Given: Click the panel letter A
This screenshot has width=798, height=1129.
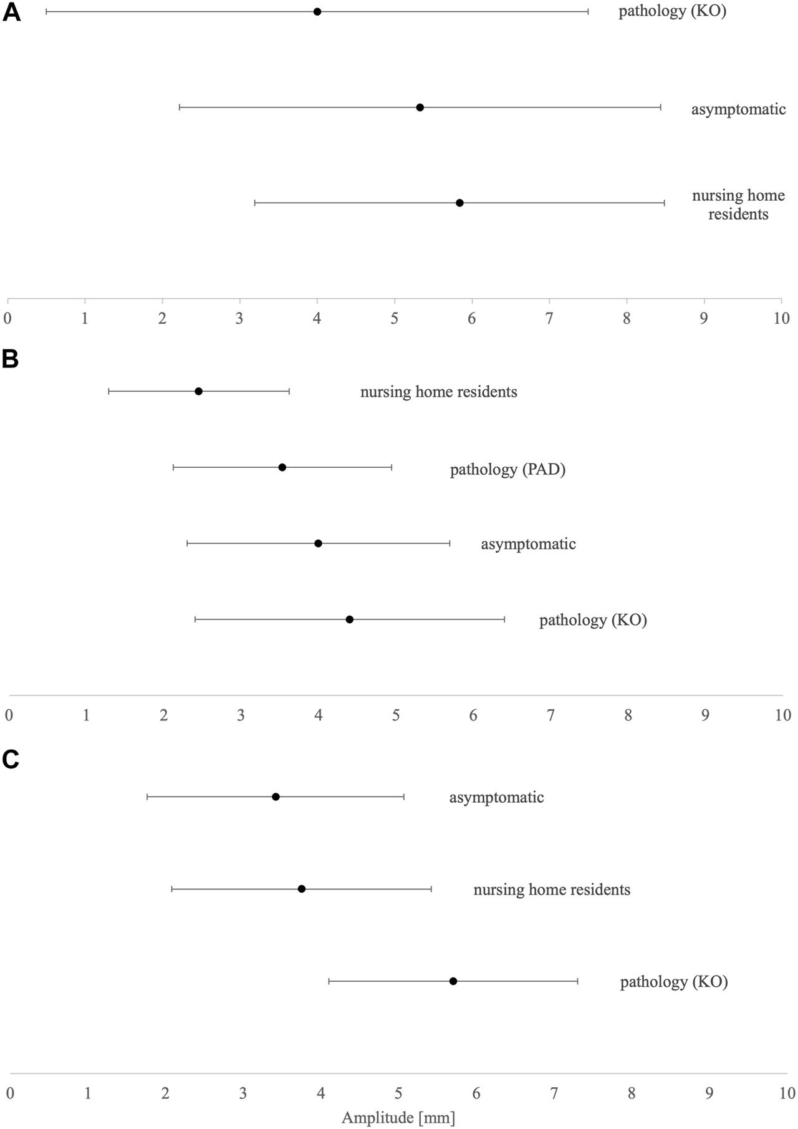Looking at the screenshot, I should (x=11, y=12).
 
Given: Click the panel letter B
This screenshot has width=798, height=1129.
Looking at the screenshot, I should (x=11, y=360).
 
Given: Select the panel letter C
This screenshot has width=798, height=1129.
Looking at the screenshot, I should (x=11, y=760).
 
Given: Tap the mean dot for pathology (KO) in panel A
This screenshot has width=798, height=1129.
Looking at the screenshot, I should (x=317, y=12).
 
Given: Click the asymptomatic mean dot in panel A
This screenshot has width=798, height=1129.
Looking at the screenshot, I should (x=420, y=107).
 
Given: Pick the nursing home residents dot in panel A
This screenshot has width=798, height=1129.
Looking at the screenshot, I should (x=459, y=203).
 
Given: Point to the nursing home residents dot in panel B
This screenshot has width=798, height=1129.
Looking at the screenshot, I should (x=198, y=391).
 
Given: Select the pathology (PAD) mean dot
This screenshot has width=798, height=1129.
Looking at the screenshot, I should (x=282, y=467).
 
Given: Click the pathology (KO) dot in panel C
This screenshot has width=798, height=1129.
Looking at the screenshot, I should (x=453, y=981).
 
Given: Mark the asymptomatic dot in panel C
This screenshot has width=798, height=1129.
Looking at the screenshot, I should (x=276, y=797).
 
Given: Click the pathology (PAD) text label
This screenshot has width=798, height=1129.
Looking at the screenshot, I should (x=507, y=469).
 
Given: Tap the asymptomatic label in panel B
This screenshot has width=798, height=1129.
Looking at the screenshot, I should (x=528, y=544).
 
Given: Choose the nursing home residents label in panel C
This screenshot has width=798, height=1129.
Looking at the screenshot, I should (x=552, y=889).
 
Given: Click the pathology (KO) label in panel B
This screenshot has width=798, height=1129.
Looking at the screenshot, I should (x=593, y=620).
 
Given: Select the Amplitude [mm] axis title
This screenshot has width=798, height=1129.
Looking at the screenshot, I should (x=398, y=1117).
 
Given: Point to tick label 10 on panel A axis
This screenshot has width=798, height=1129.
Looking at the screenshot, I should (x=781, y=319).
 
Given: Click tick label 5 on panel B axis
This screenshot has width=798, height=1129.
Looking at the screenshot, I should (x=396, y=715).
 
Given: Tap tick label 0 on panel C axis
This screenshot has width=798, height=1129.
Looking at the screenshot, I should (x=10, y=1093).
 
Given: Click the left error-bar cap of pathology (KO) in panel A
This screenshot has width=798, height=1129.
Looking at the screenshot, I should (x=46, y=12).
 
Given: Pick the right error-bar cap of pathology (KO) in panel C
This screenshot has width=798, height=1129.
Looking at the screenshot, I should (x=577, y=981).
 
